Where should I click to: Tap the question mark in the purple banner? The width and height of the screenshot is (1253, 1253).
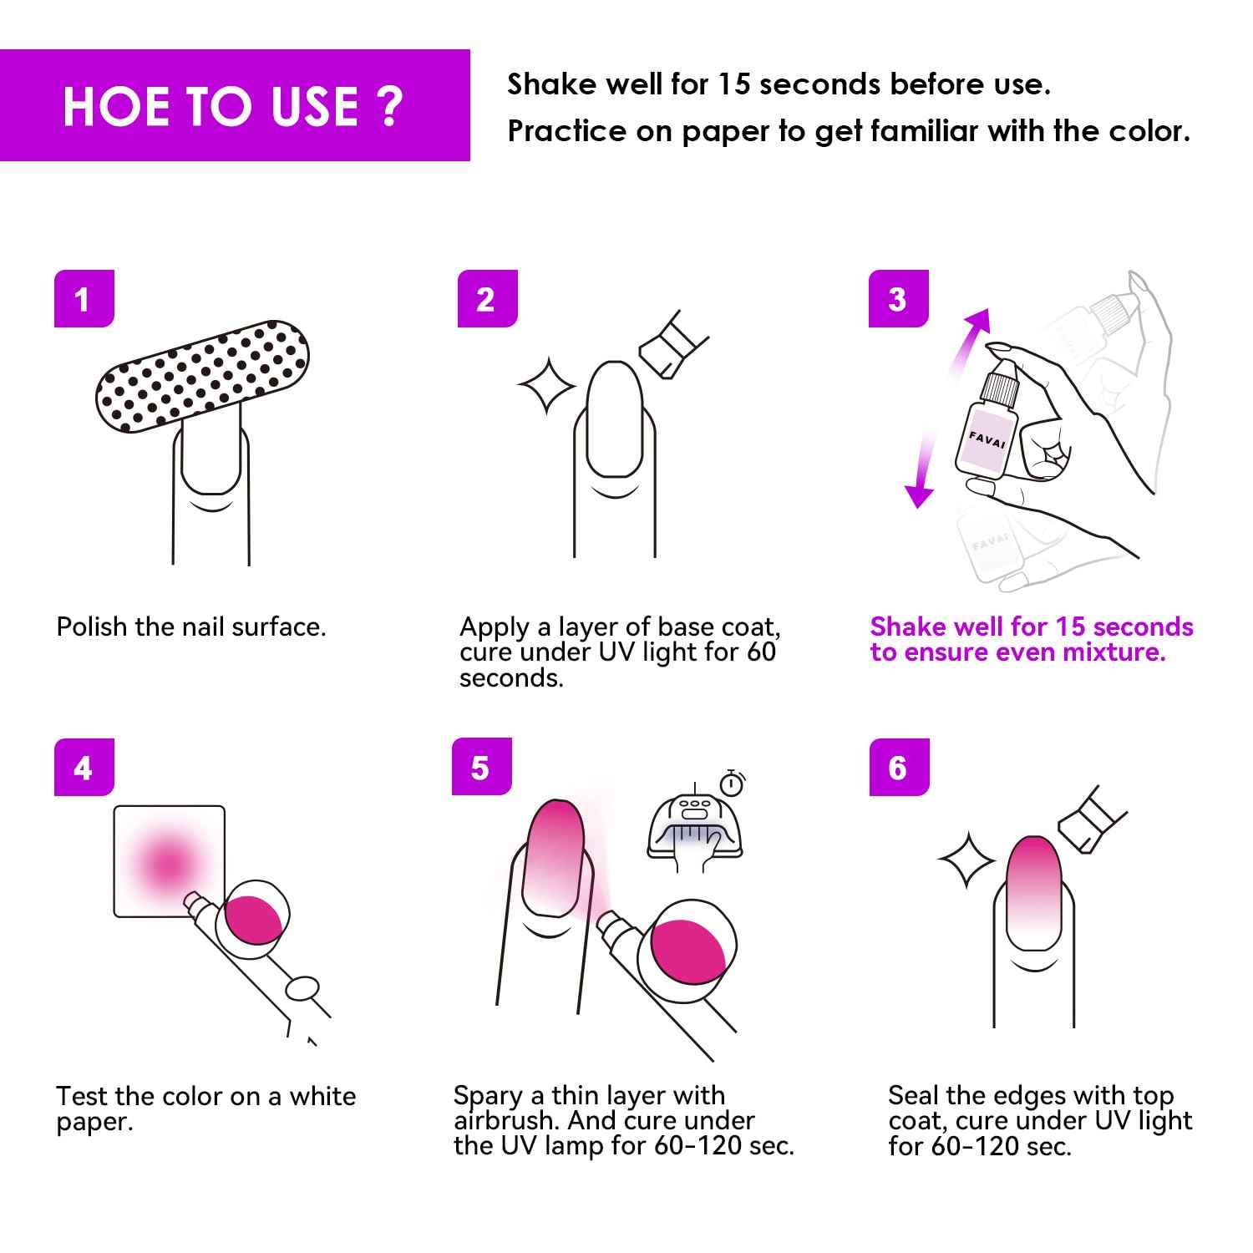tap(389, 106)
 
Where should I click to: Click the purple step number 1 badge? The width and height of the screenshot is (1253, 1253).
tap(84, 298)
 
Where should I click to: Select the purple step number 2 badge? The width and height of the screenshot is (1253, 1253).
tap(487, 298)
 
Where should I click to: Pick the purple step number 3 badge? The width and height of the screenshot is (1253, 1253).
tap(898, 298)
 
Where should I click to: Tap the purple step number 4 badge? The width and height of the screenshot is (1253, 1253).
tap(84, 767)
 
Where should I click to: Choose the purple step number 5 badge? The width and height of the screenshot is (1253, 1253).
tap(481, 767)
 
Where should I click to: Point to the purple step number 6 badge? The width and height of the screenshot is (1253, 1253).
tap(899, 767)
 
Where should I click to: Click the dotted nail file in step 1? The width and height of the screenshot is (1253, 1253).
tap(202, 375)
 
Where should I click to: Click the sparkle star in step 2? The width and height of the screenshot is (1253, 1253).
tap(547, 385)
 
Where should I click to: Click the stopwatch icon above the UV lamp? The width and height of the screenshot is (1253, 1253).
tap(733, 783)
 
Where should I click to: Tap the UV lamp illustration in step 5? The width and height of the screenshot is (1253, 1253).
tap(695, 830)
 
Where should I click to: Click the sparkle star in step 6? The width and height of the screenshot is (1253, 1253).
tap(966, 859)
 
